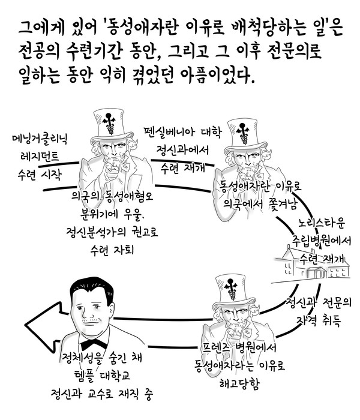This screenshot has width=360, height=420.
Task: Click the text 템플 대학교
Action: pyautogui.click(x=94, y=377)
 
